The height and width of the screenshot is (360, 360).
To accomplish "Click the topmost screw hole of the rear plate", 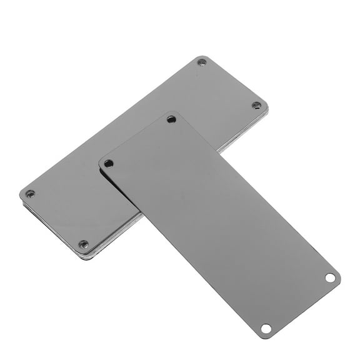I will [x=201, y=62].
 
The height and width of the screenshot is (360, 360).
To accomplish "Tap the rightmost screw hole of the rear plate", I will [x=256, y=105].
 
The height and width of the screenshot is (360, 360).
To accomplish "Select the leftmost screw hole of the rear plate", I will [x=30, y=193].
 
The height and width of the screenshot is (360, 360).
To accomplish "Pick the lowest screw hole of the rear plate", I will [x=84, y=244].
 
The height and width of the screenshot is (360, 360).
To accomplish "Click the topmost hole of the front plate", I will [x=171, y=119].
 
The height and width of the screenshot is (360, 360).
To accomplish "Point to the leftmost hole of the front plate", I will [x=109, y=163].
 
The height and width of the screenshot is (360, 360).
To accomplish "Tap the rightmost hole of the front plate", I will [x=330, y=277].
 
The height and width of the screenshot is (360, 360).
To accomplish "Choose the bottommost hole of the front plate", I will [x=266, y=327].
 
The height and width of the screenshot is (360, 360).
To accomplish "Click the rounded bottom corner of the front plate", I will [x=265, y=337].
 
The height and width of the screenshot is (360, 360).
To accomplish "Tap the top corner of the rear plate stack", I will [x=203, y=57].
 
